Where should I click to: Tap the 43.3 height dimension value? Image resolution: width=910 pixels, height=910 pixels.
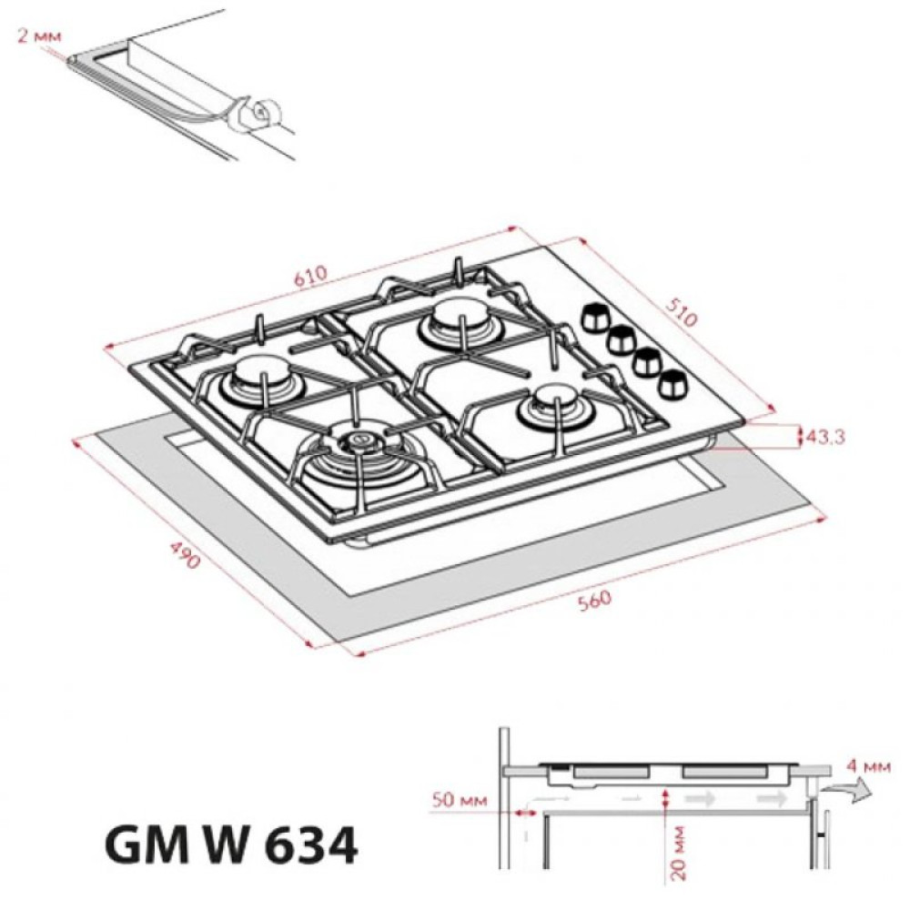[x=826, y=437]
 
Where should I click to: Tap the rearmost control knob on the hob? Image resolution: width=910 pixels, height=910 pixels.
[x=595, y=316]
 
